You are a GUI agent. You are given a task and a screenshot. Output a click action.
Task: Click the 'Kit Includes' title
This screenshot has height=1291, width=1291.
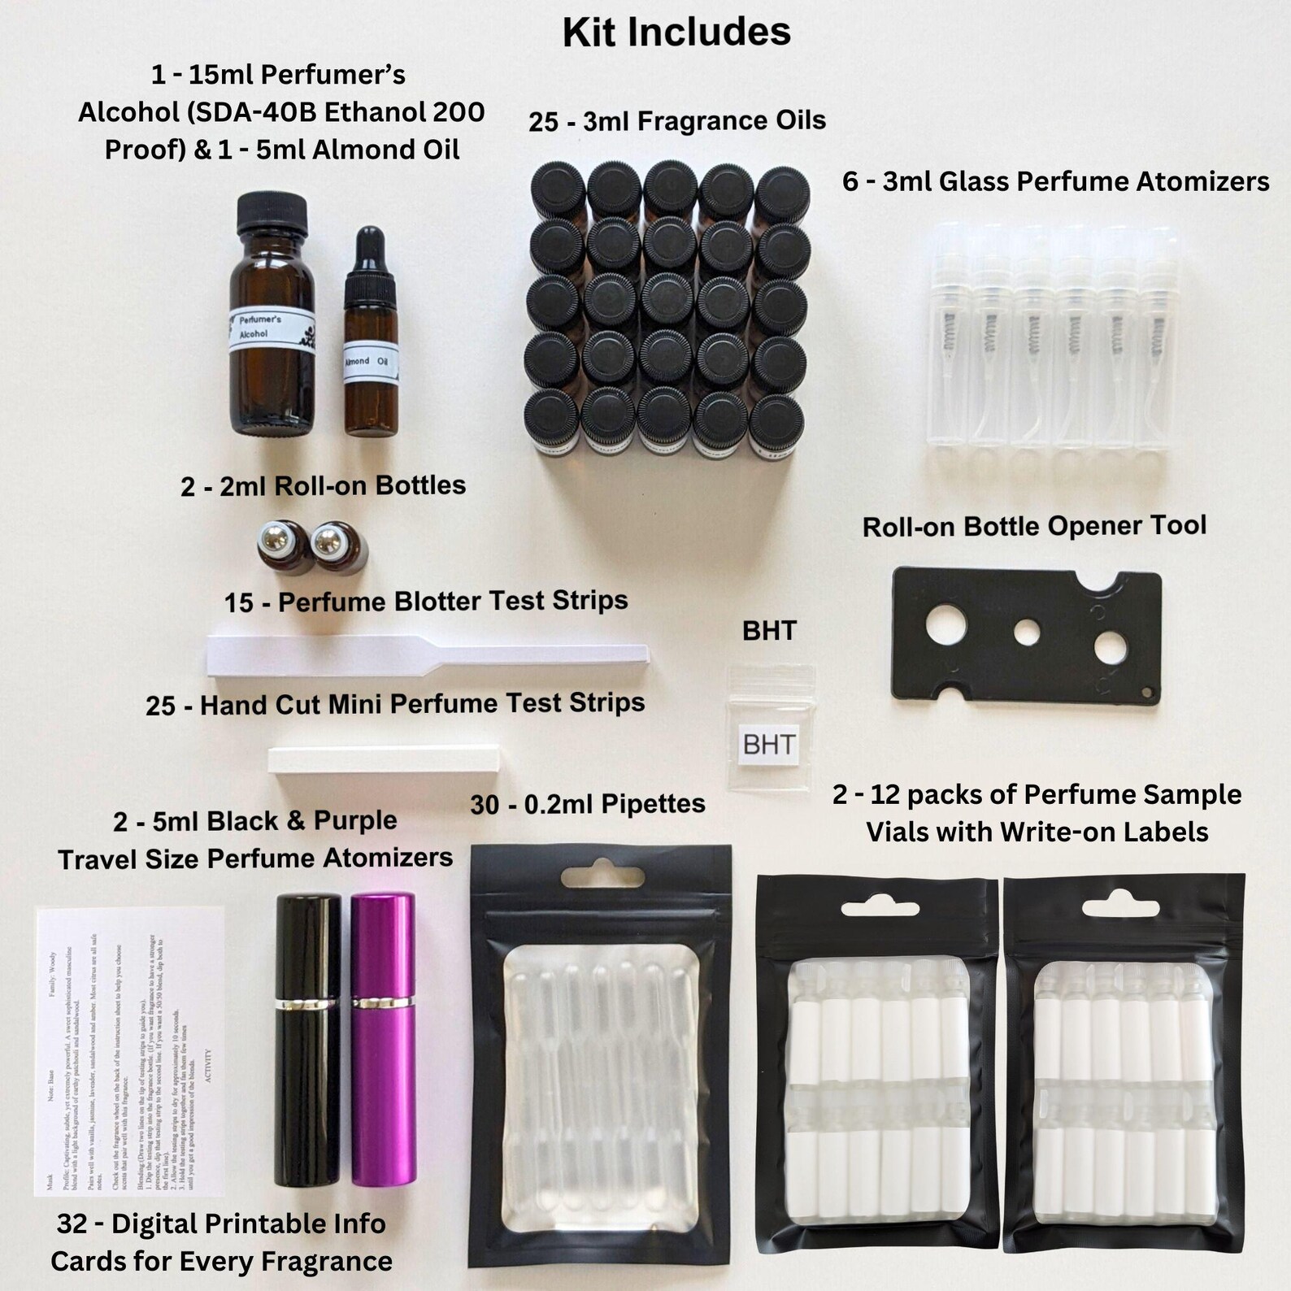tap(676, 33)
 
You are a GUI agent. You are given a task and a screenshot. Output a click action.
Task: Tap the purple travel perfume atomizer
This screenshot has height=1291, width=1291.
tap(384, 1041)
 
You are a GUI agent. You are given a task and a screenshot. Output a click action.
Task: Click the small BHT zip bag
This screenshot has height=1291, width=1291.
tap(769, 728)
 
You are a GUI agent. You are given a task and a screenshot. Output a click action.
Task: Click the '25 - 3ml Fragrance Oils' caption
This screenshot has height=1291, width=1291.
tap(676, 121)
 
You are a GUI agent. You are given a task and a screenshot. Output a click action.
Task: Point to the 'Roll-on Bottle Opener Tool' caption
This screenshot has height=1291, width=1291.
tap(1034, 526)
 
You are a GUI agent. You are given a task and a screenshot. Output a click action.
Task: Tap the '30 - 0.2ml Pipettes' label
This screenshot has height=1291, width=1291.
tap(587, 805)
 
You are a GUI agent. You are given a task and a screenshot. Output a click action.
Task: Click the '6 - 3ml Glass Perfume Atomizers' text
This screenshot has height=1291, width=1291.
tap(1055, 181)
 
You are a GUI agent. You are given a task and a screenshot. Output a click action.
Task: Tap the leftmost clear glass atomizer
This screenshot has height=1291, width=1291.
tap(950, 341)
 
